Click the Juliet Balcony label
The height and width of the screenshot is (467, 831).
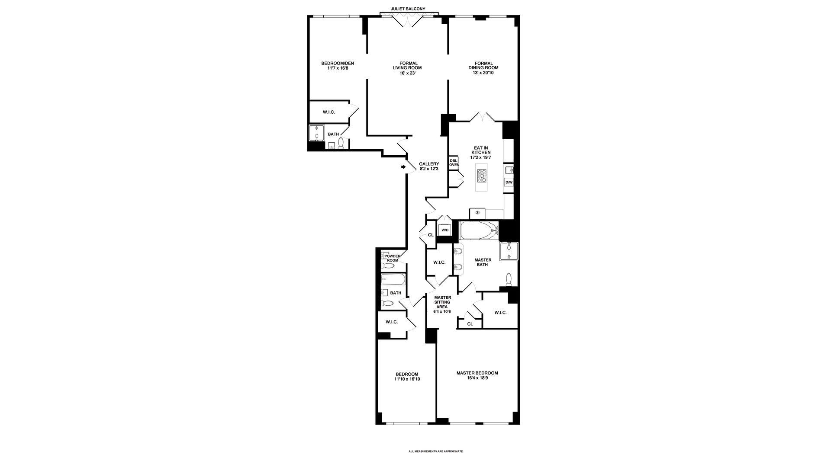point(408,9)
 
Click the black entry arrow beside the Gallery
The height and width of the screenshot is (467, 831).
point(403,167)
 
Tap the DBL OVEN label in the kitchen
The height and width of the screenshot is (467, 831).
point(454,163)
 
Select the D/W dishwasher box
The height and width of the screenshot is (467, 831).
point(509,182)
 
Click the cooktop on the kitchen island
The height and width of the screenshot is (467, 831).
point(482,176)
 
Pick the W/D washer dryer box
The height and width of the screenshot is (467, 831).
point(445,230)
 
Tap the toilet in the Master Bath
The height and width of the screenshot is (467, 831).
point(509,279)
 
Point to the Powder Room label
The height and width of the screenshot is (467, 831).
point(392,258)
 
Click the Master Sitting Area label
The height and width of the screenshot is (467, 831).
point(442,302)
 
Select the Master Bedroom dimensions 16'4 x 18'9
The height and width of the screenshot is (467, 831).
point(477,378)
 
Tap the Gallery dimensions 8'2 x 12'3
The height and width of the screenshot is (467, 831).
point(429,169)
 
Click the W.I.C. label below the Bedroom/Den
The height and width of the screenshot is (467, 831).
point(329,112)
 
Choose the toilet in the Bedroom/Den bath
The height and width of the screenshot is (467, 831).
point(341,143)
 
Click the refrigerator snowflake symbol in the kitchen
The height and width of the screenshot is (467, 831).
point(478,213)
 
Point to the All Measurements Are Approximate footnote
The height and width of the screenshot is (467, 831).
point(436,451)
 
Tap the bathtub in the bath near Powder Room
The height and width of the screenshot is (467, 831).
point(393,279)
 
